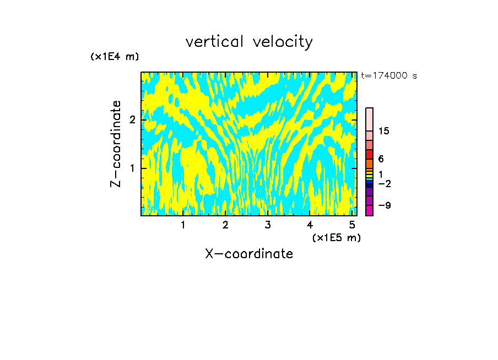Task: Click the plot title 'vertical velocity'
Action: coord(249,42)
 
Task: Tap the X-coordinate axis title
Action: coord(249,254)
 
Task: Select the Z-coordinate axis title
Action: coord(116,144)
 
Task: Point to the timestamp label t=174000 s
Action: coord(389,75)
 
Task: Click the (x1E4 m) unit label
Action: coord(115,57)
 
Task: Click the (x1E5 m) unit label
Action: coord(336,237)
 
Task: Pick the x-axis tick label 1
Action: coord(183,225)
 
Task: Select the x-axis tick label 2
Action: coord(225,225)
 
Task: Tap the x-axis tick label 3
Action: coord(268,225)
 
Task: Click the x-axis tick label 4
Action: coord(310,225)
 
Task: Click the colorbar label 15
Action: coord(384,131)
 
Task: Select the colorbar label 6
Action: coord(381,159)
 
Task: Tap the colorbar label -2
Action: coord(384,184)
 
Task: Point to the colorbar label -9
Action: coord(384,205)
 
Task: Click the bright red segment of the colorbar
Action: coord(369,154)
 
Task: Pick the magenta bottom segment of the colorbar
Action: coord(369,210)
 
